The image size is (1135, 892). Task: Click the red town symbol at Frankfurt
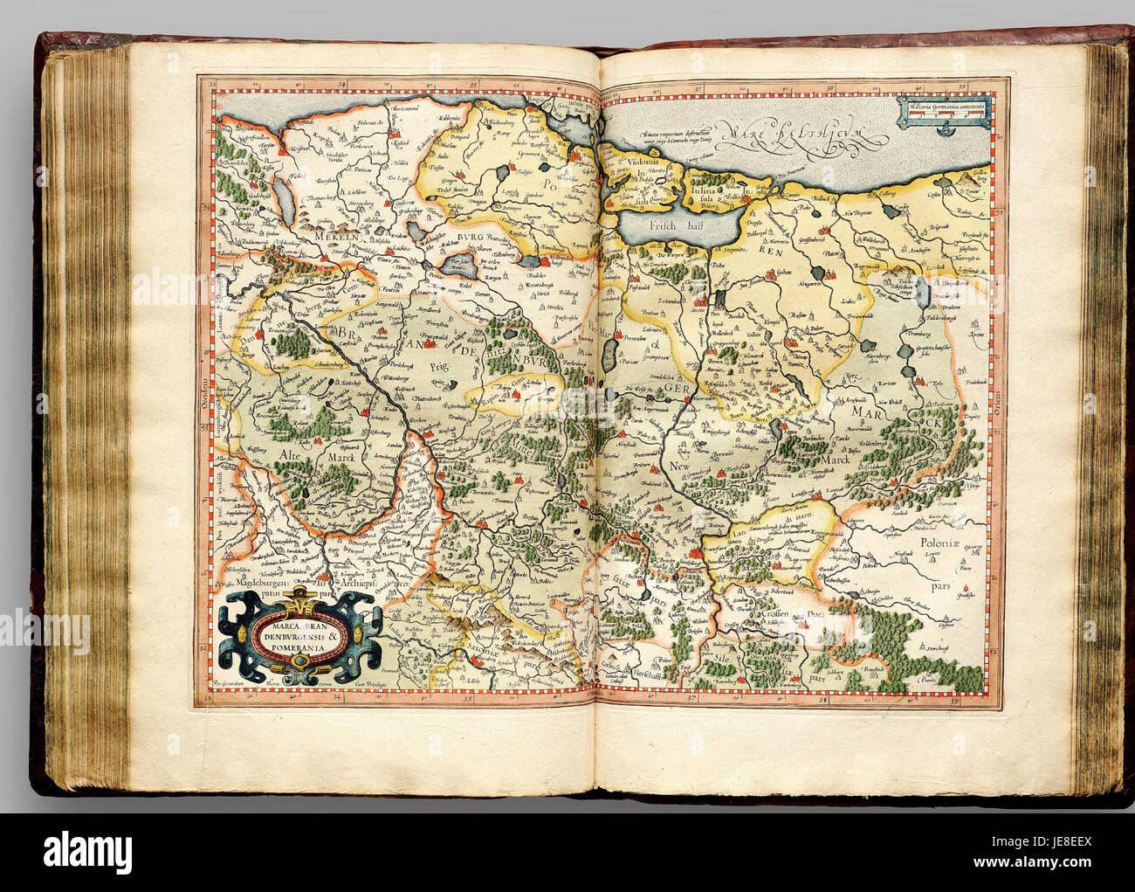(x=696, y=552)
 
